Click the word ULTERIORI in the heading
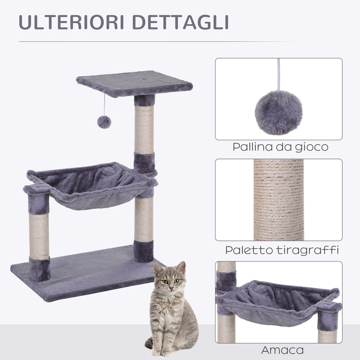point(72,22)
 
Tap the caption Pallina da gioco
point(280,147)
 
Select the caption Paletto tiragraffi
point(282,250)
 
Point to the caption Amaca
point(282,350)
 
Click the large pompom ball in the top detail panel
point(278,112)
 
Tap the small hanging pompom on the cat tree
point(104,122)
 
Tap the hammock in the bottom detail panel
point(278,302)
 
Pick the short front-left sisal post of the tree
point(39,236)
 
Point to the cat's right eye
point(164,281)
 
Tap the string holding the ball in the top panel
point(279,74)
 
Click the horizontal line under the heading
point(165,42)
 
